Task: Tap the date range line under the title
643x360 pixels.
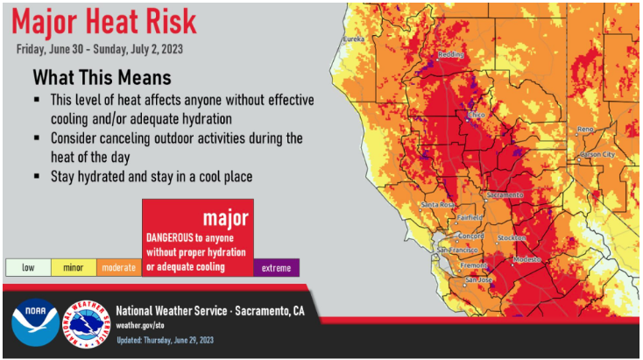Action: point(106,48)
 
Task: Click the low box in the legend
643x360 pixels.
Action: point(28,267)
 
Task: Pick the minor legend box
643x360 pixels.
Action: point(74,267)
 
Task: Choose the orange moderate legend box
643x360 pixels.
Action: point(119,267)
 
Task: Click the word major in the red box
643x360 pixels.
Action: point(225,216)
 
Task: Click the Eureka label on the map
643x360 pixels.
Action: point(353,39)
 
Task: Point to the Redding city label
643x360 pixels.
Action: point(450,54)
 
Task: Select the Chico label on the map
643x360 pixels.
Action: point(476,115)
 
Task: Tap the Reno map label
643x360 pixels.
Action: point(585,130)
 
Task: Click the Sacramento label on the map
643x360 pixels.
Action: point(505,194)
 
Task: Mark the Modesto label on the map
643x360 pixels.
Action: point(524,260)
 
